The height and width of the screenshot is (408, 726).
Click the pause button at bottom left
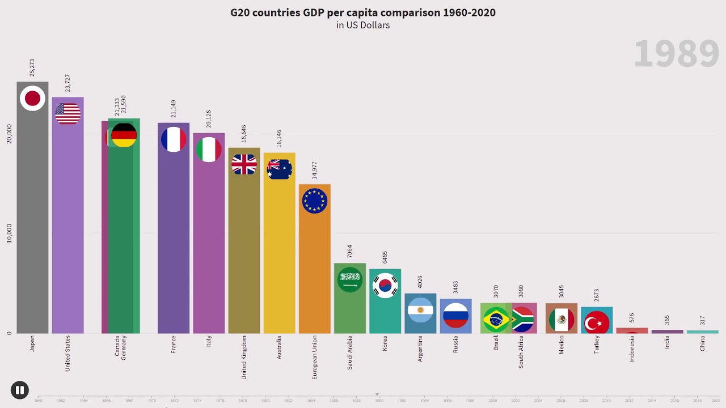pos(20,390)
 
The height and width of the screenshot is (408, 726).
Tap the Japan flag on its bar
pos(32,99)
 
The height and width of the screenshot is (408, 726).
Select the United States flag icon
pos(68,114)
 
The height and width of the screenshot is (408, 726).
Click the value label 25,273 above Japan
pos(32,67)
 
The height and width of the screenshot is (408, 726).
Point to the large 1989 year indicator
pos(676,54)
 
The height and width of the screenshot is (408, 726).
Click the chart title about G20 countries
pos(362,12)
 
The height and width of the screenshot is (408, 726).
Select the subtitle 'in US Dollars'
pos(362,25)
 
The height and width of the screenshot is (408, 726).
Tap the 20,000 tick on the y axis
pos(9,134)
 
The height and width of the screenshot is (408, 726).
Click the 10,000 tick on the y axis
pos(9,233)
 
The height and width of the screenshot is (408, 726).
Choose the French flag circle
pos(174,139)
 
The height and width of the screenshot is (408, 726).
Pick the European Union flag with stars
pos(315,201)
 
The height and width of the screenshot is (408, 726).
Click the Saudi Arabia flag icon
pos(350,279)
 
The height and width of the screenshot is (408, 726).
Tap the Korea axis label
pos(385,343)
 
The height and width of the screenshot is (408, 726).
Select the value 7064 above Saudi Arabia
pos(350,251)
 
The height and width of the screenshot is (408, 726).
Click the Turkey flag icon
pos(597,323)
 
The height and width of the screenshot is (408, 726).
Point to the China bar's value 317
pos(703,321)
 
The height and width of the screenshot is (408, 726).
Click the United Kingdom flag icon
pos(244,164)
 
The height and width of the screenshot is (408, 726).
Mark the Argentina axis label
pos(420,348)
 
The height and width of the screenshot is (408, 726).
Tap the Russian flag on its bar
pos(455,316)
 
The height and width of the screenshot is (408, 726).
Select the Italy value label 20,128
pos(209,119)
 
